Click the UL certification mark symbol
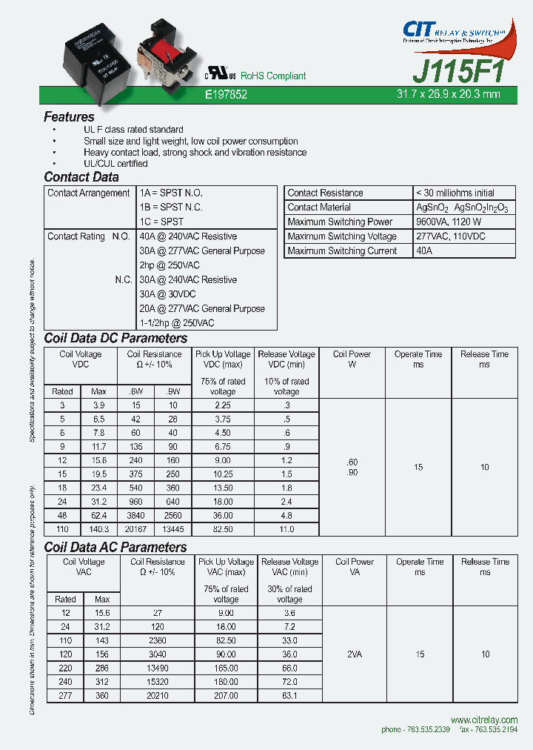pyautogui.click(x=220, y=76)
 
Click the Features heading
pyautogui.click(x=69, y=116)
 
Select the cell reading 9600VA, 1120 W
pyautogui.click(x=449, y=222)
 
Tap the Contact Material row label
pyautogui.click(x=319, y=208)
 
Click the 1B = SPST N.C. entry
pyautogui.click(x=170, y=208)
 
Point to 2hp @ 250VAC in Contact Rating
pyautogui.click(x=170, y=265)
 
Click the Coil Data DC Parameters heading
pyautogui.click(x=115, y=338)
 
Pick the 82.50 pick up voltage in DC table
pyautogui.click(x=223, y=529)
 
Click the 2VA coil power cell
pyautogui.click(x=355, y=654)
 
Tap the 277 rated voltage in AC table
pyautogui.click(x=65, y=697)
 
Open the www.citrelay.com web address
pyautogui.click(x=483, y=720)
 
